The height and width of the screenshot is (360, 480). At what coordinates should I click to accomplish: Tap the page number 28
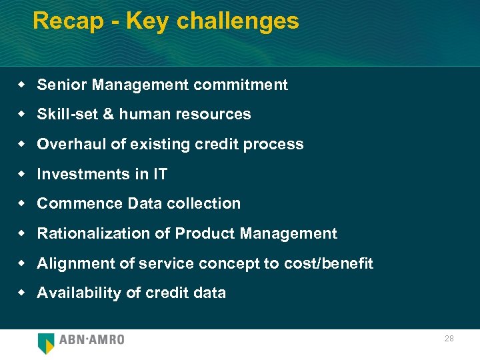(x=449, y=339)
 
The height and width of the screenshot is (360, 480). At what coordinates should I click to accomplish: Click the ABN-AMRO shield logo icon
(x=46, y=343)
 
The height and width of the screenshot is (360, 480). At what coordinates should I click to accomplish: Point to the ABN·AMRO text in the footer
(x=92, y=340)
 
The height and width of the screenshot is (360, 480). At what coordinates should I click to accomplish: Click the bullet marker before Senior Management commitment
(x=21, y=85)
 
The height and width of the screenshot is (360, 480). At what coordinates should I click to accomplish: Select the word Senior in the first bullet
(x=62, y=85)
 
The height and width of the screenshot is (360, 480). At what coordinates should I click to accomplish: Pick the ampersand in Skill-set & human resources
(x=108, y=114)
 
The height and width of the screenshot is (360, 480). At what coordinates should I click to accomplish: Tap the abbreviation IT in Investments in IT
(x=160, y=174)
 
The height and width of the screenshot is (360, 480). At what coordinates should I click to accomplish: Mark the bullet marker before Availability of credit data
(x=21, y=293)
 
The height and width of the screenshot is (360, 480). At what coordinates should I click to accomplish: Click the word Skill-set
(x=67, y=114)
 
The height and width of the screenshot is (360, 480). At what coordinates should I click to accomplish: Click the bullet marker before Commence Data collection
(x=21, y=203)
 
